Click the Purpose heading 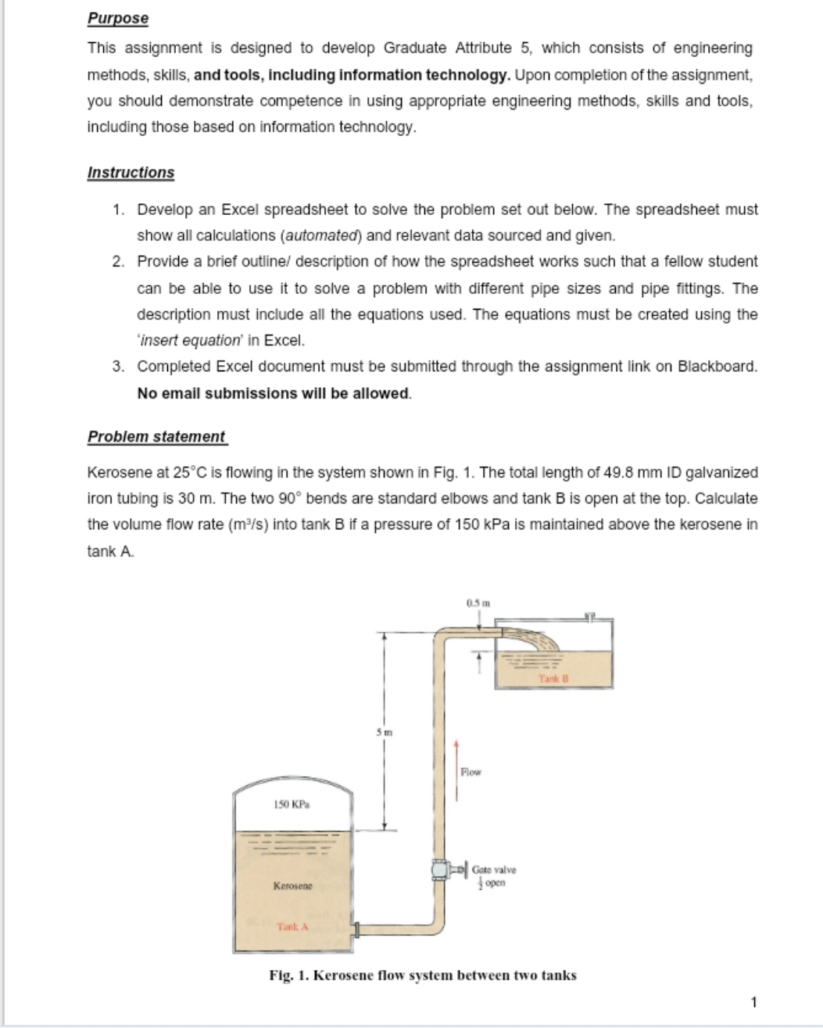click(x=117, y=18)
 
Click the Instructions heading click(x=131, y=173)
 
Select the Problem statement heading click(x=156, y=437)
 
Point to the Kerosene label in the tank click(x=292, y=886)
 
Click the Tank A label click(x=293, y=926)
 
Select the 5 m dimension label click(x=378, y=732)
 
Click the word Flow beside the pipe click(x=471, y=772)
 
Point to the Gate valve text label click(x=494, y=869)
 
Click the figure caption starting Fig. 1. click(x=422, y=975)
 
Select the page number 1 click(x=753, y=1001)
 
